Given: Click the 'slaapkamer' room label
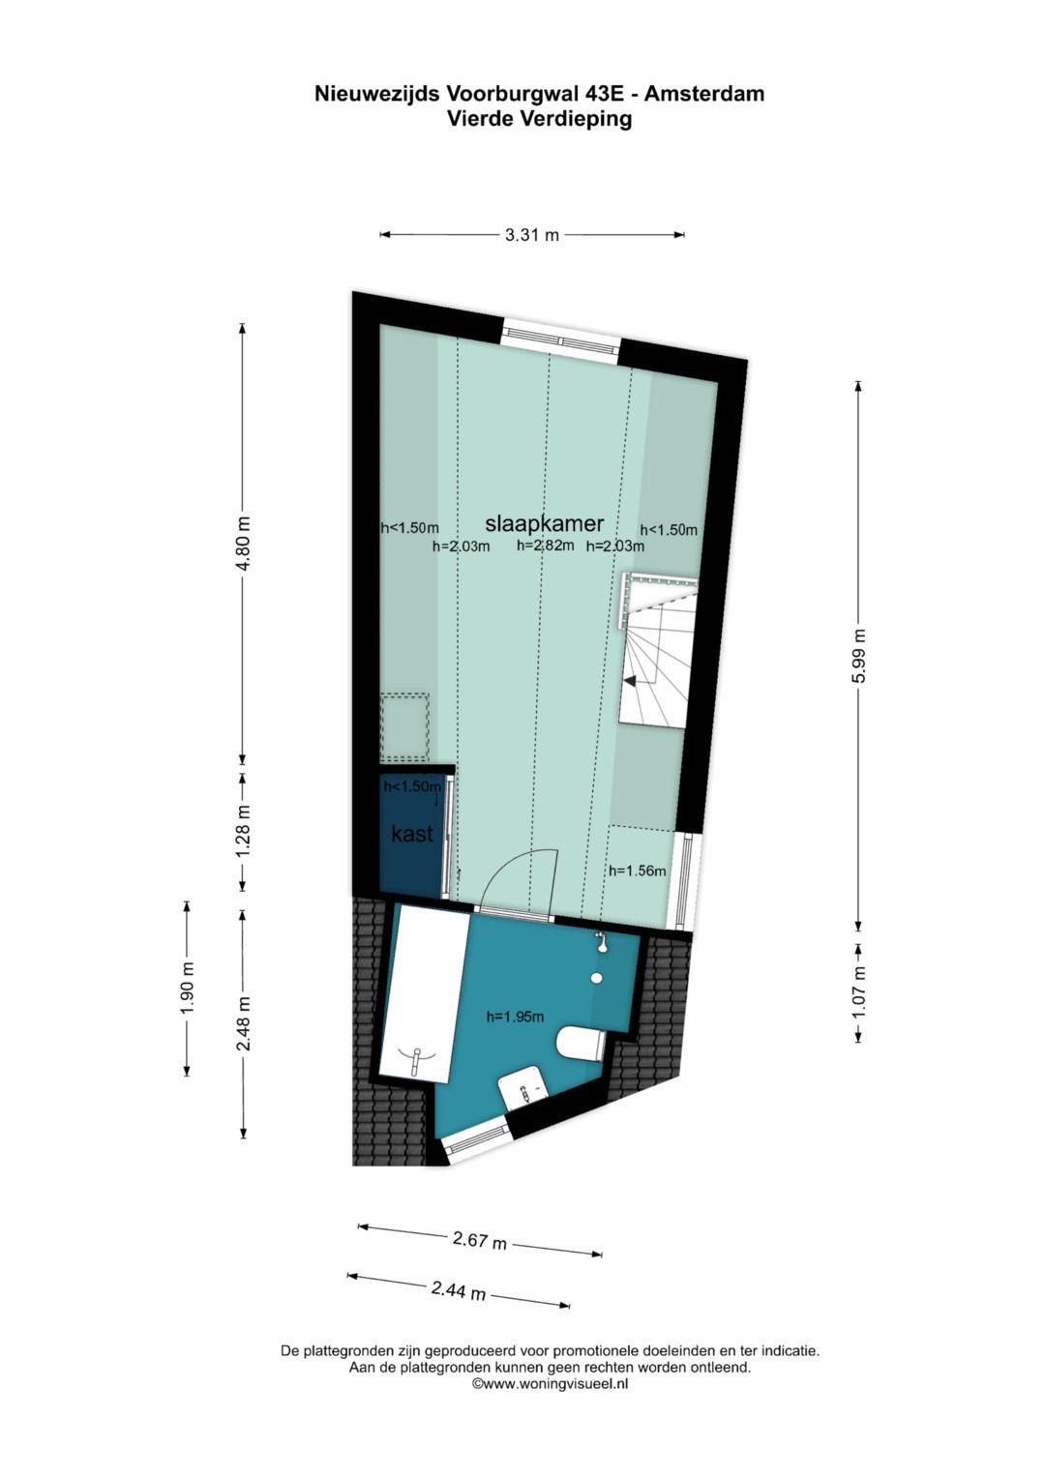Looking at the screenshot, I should pos(544,523).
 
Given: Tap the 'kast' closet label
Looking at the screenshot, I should pos(412,833).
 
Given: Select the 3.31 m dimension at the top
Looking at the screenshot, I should pos(531,234).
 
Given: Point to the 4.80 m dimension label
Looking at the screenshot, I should pos(244,543).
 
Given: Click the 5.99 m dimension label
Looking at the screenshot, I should pos(859,657).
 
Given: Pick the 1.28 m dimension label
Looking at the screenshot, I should pos(244,829).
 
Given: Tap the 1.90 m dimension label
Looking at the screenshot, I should pos(187,989).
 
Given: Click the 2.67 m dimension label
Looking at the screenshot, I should pos(480,1240).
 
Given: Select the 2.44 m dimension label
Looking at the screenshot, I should pos(459,1290).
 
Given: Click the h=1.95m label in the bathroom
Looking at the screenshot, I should pos(515,1017).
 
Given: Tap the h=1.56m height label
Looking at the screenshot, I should pos(637,871).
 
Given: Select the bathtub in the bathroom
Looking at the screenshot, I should pos(418,996).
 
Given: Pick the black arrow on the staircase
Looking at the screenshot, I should pos(629,681).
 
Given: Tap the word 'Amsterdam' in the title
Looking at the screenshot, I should pos(704,94).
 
